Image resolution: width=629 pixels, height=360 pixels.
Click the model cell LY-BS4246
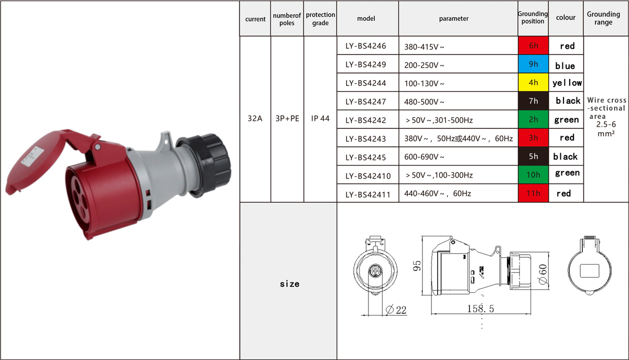pos(366,46)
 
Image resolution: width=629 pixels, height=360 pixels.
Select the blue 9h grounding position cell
pos(533,64)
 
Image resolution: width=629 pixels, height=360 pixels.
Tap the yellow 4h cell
pos(533,83)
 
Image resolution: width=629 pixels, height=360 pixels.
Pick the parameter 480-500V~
pos(424,102)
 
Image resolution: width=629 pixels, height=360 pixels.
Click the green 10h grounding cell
pos(533,174)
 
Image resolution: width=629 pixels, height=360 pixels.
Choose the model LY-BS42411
pos(368,194)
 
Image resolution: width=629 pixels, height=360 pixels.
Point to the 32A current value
pos(255,118)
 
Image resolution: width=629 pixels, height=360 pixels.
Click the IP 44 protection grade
pos(320,118)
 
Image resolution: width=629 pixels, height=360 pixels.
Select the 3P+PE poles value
pos(287,118)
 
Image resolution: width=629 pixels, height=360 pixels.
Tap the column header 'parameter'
pos(454,19)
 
